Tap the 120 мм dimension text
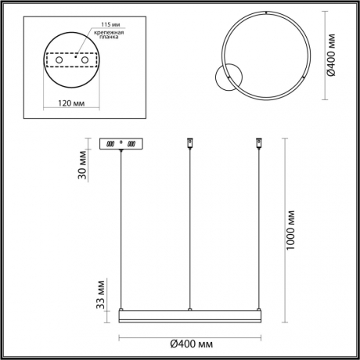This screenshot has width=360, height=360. [x=72, y=101]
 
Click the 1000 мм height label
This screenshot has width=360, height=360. [x=291, y=227]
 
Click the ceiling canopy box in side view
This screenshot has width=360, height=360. [x=122, y=145]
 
